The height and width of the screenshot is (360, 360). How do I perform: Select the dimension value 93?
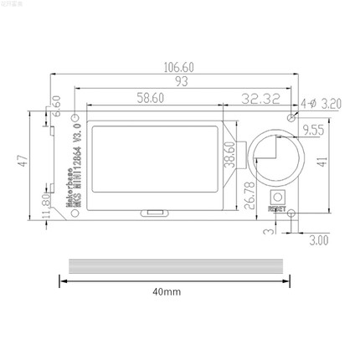click(181, 82)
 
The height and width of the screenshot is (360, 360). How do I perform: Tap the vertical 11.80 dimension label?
click(44, 204)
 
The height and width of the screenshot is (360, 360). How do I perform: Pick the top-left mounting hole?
click(76, 116)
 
